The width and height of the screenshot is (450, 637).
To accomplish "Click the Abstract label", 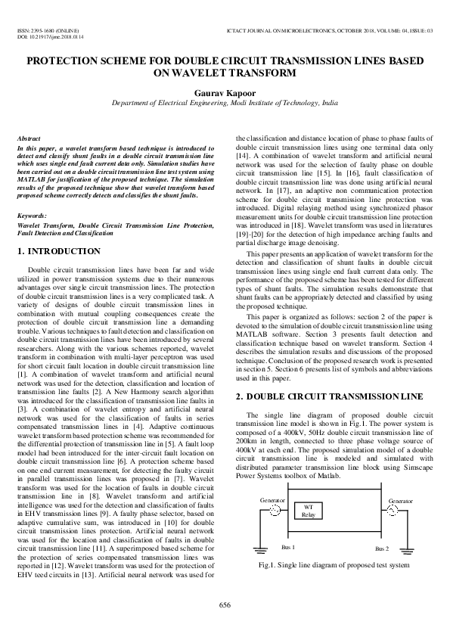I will pos(29,140).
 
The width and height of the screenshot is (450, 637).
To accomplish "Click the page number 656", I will pos(225,604).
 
